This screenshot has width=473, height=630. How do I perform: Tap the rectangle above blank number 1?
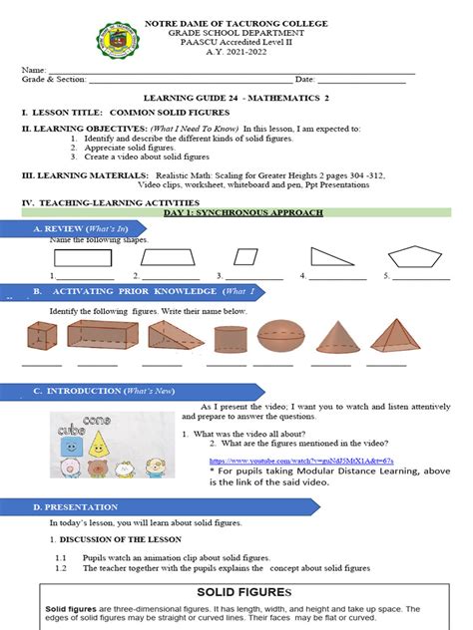pyautogui.click(x=83, y=257)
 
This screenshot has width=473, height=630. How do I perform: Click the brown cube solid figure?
pyautogui.click(x=42, y=338)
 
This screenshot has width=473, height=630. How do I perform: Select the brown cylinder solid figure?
pyautogui.click(x=230, y=340)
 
